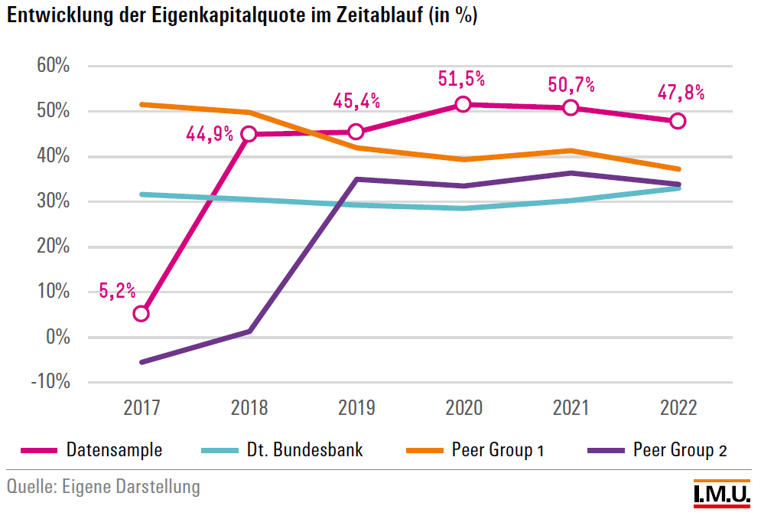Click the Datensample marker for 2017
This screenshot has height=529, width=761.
tap(141, 313)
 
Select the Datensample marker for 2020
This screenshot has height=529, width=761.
tap(463, 104)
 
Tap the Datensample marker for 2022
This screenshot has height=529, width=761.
tap(677, 121)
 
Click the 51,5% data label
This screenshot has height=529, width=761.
tap(462, 78)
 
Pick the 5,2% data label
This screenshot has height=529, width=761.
tap(117, 290)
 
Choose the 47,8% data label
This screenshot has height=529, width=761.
tap(681, 93)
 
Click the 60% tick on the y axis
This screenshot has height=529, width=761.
tap(54, 66)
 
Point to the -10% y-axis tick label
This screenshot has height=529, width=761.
tap(50, 382)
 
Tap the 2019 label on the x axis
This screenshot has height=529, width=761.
tap(356, 407)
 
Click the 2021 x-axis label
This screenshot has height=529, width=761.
tap(571, 407)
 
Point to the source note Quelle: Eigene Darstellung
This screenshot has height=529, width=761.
tap(103, 487)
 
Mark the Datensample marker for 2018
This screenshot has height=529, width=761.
tap(249, 134)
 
